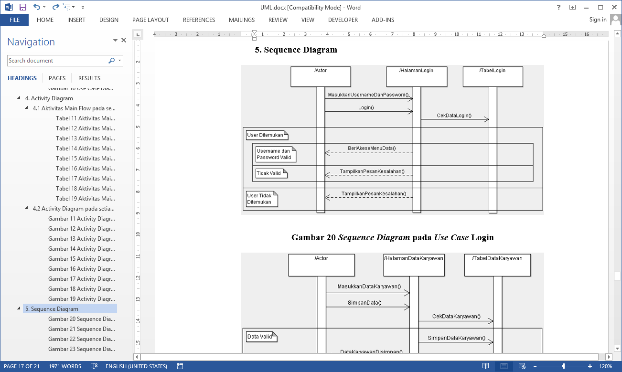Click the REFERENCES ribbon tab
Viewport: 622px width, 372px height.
pos(199,20)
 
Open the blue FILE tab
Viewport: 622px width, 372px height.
pos(14,20)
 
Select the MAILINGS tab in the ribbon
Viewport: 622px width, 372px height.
pos(242,20)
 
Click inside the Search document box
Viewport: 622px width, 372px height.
pos(57,61)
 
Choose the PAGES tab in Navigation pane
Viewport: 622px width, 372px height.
pos(57,78)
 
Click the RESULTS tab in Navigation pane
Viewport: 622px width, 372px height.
pos(89,78)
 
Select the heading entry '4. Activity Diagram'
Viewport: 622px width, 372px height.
pos(49,98)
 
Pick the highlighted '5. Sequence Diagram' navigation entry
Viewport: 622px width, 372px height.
pos(52,309)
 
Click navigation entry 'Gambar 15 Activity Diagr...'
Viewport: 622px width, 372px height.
pos(81,259)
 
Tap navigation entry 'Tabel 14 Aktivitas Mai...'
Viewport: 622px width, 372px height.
pos(85,149)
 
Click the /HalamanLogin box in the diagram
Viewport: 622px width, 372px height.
pos(416,76)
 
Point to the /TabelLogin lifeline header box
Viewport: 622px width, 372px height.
pos(493,76)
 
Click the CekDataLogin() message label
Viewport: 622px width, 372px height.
pos(454,116)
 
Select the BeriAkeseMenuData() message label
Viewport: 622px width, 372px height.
pos(372,148)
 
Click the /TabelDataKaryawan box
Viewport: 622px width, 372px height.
pos(497,265)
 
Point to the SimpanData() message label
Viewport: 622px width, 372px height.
pos(365,303)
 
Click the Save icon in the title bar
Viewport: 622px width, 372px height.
pos(23,7)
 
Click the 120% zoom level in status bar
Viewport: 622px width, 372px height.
pos(605,366)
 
